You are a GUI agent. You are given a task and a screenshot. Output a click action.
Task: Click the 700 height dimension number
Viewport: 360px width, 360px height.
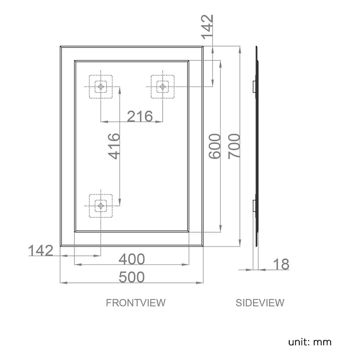234,146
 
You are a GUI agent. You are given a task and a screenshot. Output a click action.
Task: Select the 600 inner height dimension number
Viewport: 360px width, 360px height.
215,146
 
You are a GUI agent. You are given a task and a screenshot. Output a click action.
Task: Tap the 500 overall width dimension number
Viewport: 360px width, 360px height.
132,277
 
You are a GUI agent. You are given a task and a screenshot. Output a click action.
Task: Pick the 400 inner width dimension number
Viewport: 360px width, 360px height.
132,259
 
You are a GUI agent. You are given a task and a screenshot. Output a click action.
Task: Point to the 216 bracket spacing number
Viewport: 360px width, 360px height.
140,116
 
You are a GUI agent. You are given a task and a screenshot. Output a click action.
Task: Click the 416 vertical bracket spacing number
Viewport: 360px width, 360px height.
114,146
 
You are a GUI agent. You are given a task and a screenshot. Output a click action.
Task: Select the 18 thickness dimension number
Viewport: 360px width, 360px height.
281,264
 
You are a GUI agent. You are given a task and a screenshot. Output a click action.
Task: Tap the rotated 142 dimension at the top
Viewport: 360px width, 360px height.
207,27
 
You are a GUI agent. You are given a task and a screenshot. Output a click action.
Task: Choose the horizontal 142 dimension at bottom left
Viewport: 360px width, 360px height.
41,250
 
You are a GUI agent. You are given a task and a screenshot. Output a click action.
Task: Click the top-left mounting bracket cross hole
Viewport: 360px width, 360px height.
101,87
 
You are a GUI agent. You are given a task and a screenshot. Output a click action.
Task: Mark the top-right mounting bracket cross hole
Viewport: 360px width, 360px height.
163,87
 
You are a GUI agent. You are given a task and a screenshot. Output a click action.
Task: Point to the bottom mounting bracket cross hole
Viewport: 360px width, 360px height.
101,206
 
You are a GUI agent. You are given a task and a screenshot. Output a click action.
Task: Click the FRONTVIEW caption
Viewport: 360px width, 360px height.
136,303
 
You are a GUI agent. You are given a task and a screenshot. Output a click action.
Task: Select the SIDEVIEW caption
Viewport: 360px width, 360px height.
260,303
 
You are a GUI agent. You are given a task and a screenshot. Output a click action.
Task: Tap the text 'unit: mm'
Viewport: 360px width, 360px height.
310,342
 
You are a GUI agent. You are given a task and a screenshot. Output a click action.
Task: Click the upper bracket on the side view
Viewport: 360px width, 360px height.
254,87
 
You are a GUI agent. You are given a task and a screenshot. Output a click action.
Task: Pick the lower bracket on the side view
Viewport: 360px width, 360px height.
254,206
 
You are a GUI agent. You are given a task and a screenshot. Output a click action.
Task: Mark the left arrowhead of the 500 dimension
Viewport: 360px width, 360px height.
64,283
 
